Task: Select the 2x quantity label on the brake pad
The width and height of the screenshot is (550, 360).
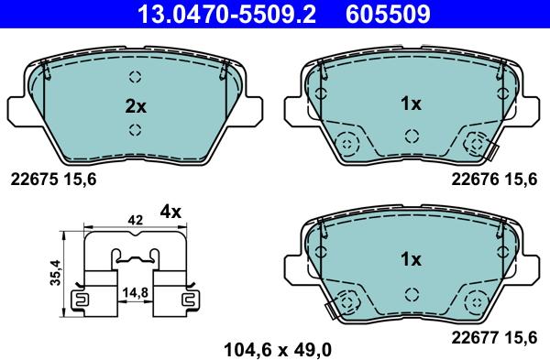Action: pos(135,105)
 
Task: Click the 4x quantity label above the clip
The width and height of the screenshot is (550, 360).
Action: pos(171,212)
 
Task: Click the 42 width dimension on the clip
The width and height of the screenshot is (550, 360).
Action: pos(135,220)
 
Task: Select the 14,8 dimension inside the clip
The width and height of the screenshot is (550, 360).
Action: pos(134,292)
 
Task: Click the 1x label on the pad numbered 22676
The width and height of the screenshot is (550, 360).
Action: pos(411,104)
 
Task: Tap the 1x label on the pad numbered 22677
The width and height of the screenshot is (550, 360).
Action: pos(411,260)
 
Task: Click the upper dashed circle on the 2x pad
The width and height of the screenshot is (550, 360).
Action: pos(135,77)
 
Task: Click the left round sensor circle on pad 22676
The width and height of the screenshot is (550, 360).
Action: pos(346,143)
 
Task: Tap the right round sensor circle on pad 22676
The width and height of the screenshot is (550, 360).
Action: pos(477,143)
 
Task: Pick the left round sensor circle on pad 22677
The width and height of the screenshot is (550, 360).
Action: pos(346,299)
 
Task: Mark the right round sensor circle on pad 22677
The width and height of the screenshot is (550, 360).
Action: pos(477,299)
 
